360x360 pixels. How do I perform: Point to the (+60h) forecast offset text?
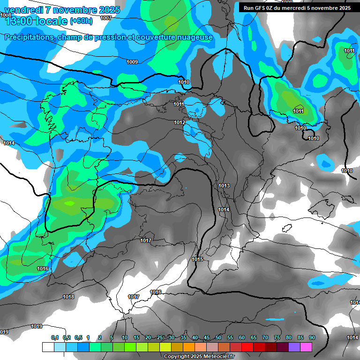(x=81, y=21)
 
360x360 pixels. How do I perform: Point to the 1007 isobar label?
(x=106, y=18)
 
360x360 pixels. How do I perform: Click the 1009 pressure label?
(x=132, y=62)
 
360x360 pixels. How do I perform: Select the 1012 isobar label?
(x=180, y=122)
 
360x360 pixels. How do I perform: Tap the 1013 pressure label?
(x=224, y=186)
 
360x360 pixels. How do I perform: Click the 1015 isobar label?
(x=197, y=259)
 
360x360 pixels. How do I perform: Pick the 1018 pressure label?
(x=68, y=297)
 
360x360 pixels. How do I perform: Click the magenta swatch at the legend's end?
(x=306, y=347)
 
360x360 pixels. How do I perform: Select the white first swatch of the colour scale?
(x=48, y=347)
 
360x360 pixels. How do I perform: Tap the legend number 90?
(x=312, y=337)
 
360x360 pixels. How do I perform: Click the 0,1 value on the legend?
(x=55, y=337)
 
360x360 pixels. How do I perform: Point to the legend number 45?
(x=207, y=337)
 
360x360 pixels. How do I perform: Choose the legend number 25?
(x=160, y=337)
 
